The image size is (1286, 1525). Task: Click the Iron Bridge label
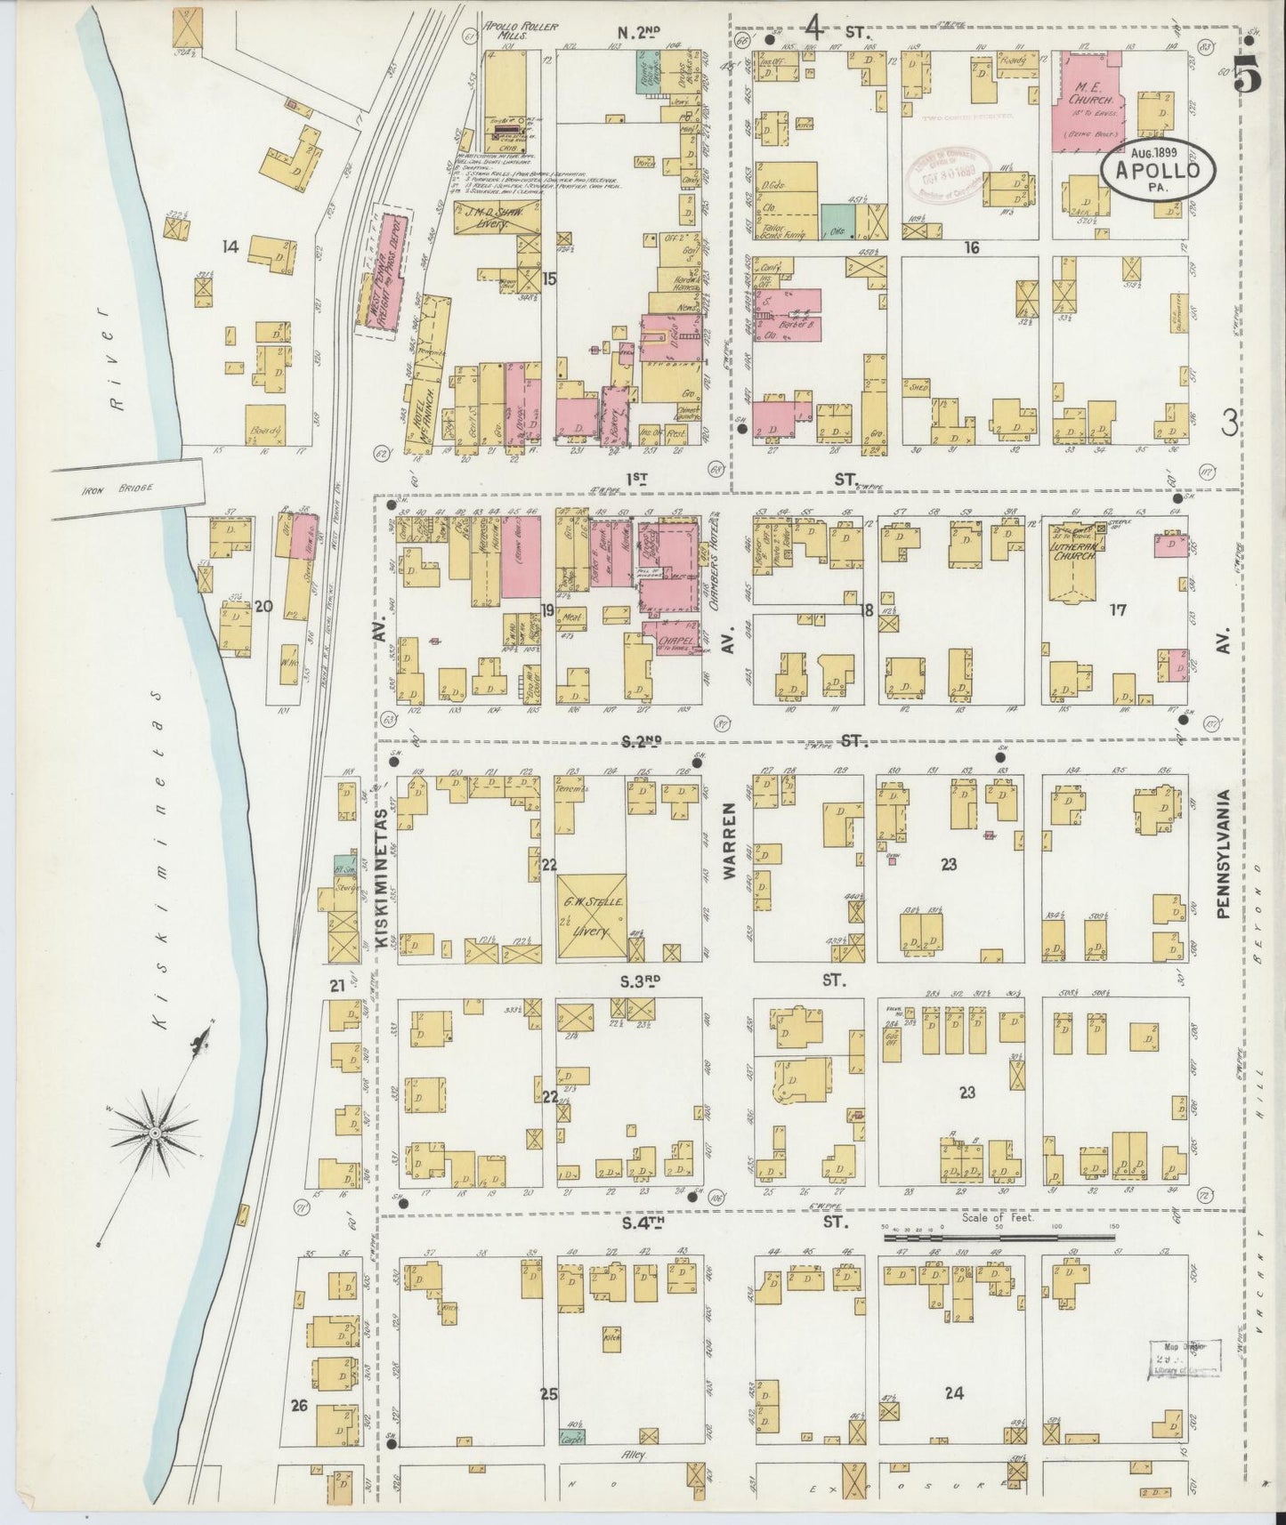106,488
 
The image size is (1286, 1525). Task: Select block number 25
548,1393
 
